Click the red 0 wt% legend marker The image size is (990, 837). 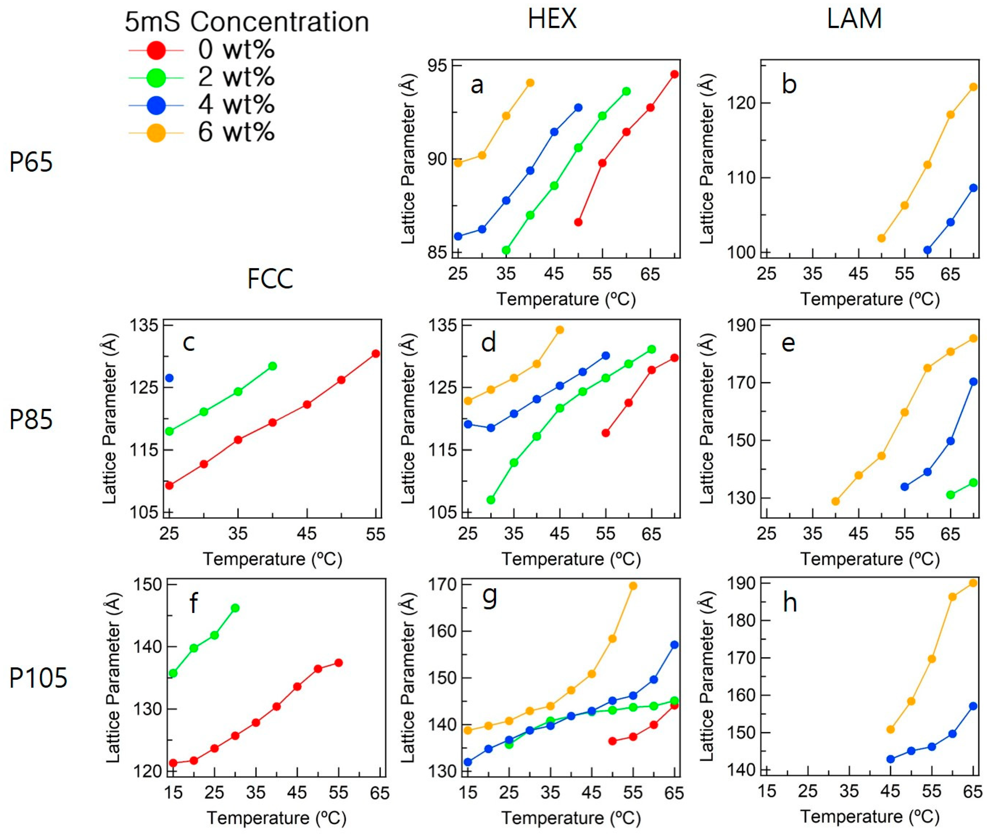point(156,50)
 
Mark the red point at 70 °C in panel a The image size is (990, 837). point(674,74)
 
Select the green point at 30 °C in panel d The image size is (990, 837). point(491,500)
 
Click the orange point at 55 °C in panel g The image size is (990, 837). point(633,586)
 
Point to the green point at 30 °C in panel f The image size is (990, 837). point(235,608)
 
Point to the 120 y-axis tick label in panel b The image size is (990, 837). point(740,103)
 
